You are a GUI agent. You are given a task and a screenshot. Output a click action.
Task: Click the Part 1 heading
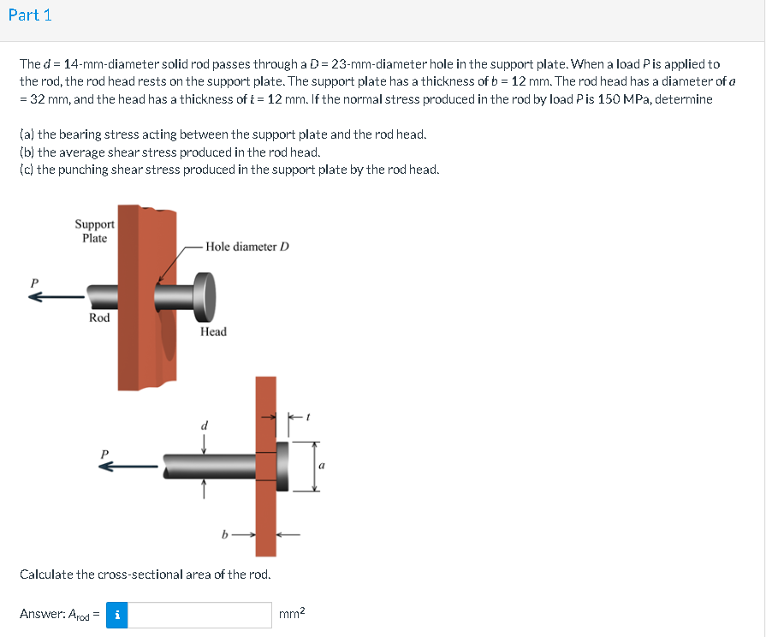point(29,15)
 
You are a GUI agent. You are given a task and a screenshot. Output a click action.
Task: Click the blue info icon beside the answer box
point(117,614)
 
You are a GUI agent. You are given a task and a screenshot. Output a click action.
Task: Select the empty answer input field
point(200,614)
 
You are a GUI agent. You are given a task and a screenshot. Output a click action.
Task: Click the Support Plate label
point(94,231)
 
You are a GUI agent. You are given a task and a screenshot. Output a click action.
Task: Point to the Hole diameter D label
point(247,247)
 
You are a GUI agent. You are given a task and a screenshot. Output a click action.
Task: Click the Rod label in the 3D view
point(99,318)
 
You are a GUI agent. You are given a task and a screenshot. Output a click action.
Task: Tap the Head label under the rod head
point(213,331)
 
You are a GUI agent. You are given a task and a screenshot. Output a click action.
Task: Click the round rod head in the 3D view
point(205,295)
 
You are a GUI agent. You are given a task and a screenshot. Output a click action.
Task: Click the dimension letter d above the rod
point(204,425)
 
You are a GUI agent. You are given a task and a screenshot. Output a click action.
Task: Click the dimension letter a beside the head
point(322,467)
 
